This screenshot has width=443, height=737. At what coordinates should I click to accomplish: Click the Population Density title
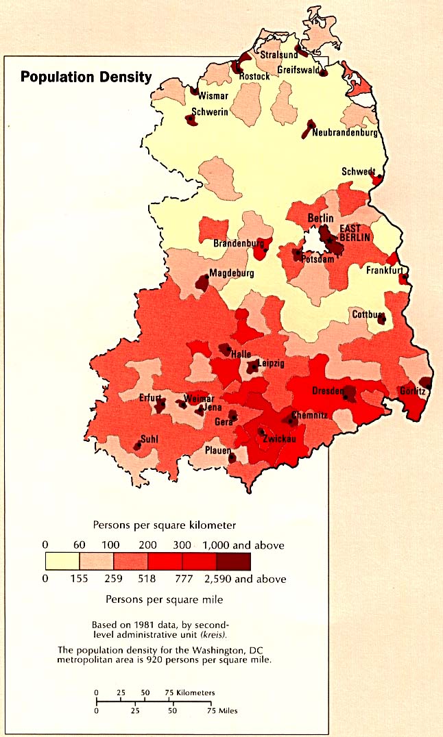86,77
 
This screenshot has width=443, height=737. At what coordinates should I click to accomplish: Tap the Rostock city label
254,77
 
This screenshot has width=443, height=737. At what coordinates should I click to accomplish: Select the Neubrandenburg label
345,133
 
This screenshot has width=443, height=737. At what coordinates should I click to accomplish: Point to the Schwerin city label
210,113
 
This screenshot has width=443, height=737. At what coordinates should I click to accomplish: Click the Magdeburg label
232,273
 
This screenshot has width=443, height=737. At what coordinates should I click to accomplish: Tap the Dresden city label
327,390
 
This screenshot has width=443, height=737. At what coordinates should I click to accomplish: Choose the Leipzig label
270,363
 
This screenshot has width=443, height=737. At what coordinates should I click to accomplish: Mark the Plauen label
217,451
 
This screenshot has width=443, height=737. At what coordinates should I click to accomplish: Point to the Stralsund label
278,55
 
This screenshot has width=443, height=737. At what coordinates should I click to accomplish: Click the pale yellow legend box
62,562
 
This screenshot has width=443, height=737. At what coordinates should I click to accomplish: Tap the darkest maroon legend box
233,562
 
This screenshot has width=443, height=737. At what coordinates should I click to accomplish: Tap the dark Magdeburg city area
202,282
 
